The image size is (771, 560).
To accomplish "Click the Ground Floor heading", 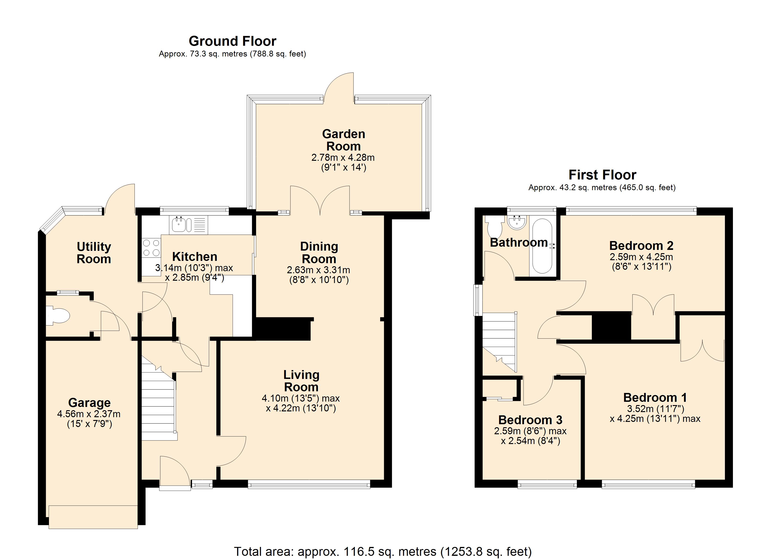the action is (232, 41).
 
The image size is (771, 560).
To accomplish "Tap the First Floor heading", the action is (602, 175).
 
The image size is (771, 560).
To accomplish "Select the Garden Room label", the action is (343, 140).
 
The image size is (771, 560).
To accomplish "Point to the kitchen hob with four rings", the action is (151, 248).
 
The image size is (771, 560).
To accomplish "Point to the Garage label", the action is (89, 402).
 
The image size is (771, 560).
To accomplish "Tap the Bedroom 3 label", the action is (530, 420).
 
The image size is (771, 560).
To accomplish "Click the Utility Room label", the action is (94, 253).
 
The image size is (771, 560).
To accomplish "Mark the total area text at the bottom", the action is (383, 552).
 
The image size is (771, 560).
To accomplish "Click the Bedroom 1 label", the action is (655, 397).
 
